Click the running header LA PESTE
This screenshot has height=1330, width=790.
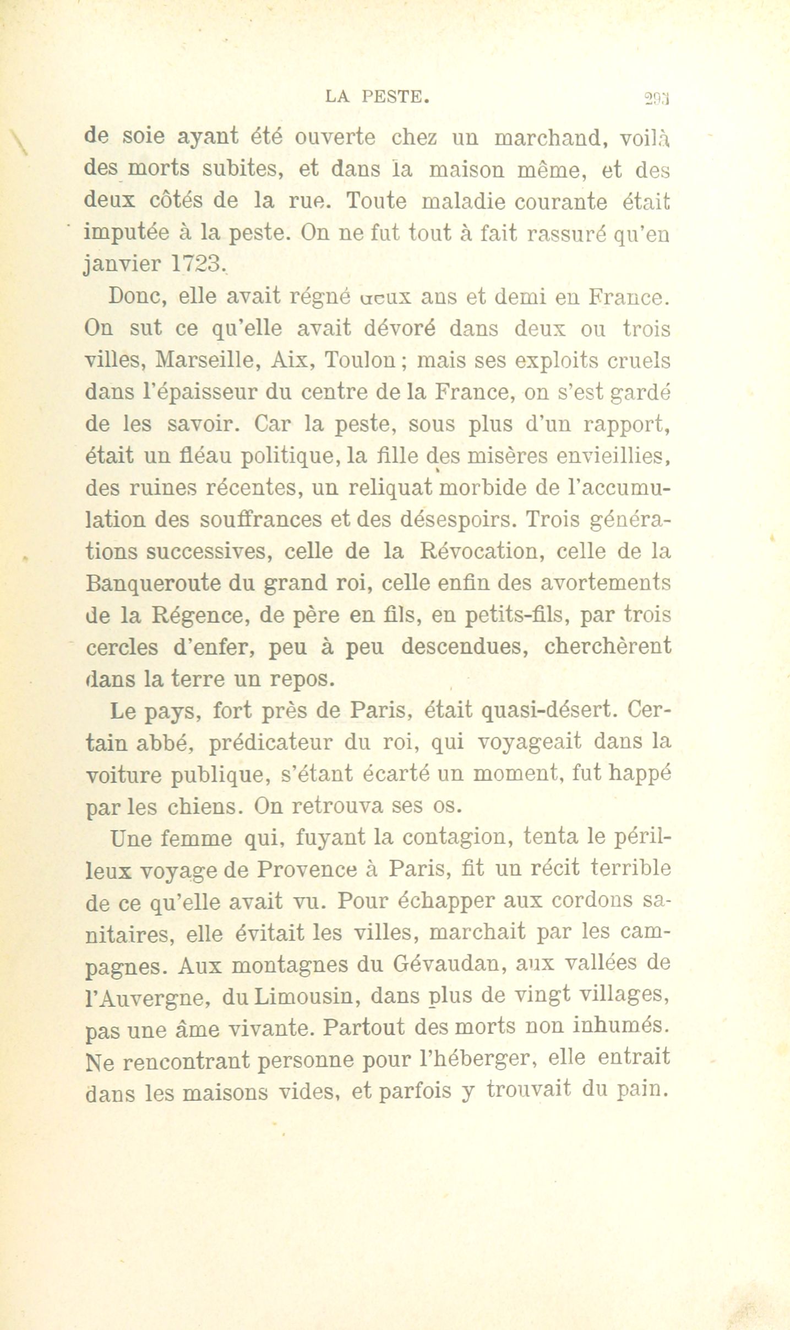click(x=377, y=98)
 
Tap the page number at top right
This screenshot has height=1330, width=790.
click(x=658, y=100)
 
